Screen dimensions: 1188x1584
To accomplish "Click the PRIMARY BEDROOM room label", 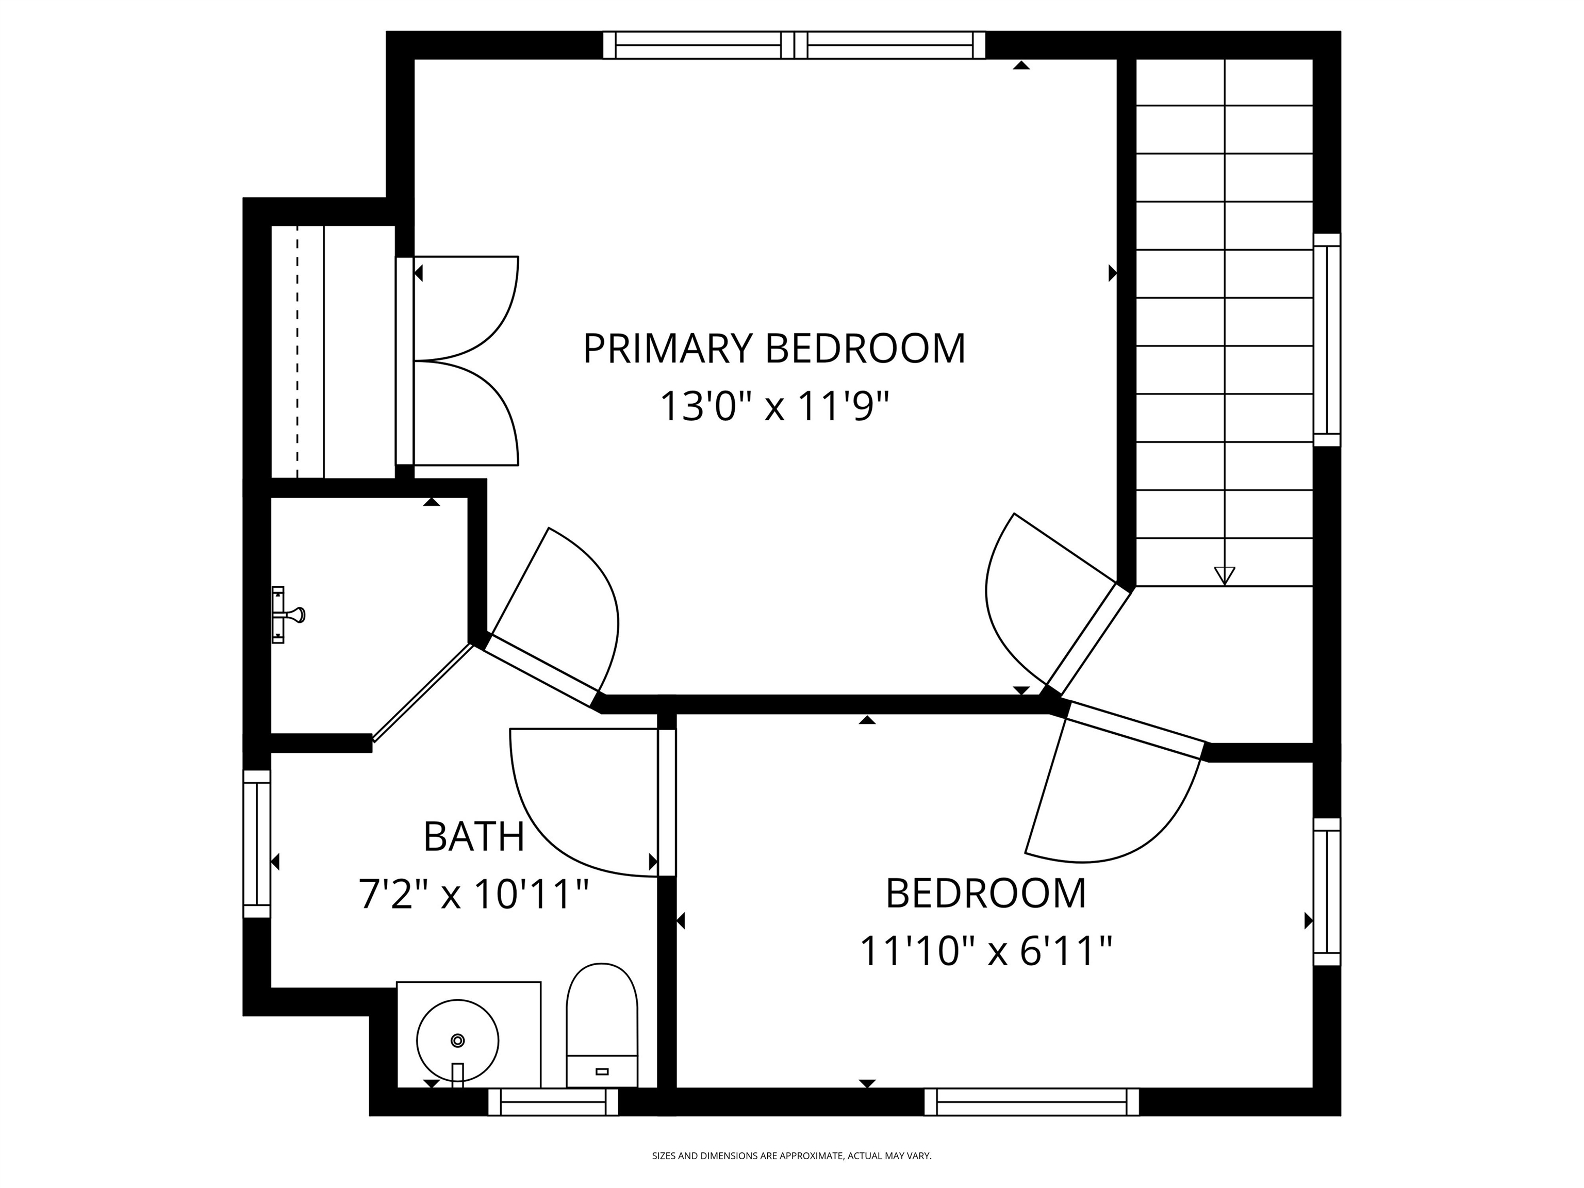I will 774,349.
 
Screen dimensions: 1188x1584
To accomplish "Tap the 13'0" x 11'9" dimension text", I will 774,407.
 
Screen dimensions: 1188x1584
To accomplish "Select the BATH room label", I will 474,836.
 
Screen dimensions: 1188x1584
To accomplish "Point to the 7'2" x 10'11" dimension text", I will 474,895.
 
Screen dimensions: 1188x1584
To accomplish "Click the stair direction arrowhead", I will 1225,575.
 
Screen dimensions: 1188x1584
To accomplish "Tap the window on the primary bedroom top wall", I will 794,45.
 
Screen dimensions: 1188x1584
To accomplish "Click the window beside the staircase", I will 1327,340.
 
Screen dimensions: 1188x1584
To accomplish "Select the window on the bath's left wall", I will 256,844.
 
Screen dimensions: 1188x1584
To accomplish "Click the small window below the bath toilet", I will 553,1102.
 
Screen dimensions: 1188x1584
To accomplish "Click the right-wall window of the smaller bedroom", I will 1327,892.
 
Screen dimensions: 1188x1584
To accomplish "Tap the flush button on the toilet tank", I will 602,1071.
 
